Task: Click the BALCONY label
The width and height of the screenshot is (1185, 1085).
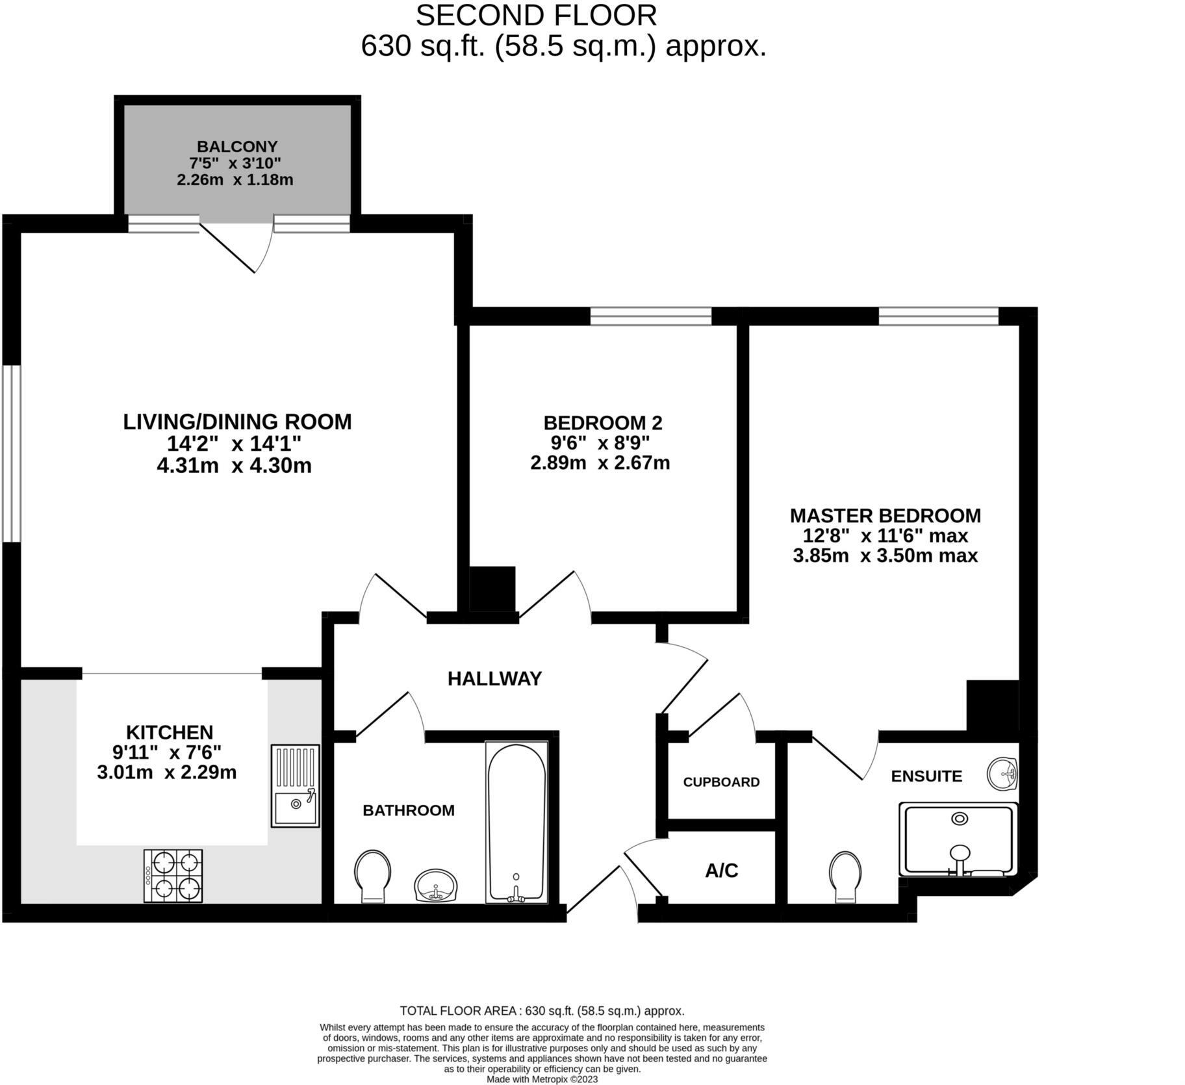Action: [237, 147]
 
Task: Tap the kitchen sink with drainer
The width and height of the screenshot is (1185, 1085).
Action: [295, 785]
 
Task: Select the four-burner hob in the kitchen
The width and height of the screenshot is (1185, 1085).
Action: [173, 875]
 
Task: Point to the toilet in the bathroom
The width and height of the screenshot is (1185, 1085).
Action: [373, 875]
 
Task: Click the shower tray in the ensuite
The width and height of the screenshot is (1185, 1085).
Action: [958, 839]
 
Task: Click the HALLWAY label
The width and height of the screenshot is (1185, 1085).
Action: [494, 678]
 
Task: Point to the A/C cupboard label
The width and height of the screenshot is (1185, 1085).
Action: [721, 870]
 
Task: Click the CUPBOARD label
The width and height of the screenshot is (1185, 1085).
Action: [721, 782]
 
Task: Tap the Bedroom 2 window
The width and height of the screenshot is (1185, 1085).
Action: [651, 316]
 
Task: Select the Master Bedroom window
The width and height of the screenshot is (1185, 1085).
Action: [938, 316]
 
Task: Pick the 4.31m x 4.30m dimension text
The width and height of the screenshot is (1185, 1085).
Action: [234, 466]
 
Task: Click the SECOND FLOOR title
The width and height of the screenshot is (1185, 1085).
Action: [536, 16]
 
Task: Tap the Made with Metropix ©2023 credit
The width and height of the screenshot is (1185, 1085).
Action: [542, 1079]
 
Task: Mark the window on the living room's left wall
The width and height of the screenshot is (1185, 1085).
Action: [11, 453]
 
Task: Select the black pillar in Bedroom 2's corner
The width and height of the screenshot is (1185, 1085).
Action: [492, 589]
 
